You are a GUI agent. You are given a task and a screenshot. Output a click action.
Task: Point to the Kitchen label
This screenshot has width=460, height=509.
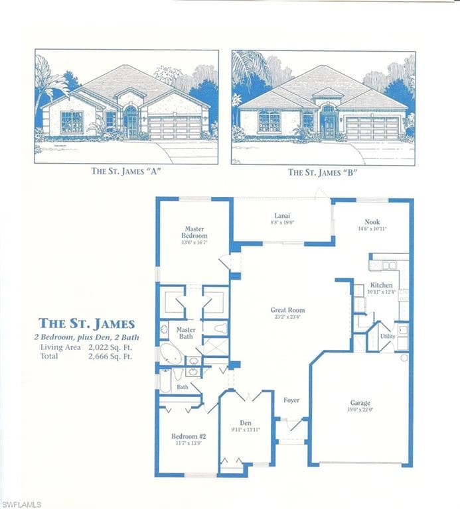click(381, 285)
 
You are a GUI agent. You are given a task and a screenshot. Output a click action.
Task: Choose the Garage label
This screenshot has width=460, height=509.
click(360, 402)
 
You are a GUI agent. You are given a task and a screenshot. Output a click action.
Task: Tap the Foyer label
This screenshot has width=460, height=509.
click(291, 400)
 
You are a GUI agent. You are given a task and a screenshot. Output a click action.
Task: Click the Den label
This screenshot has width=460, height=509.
click(246, 423)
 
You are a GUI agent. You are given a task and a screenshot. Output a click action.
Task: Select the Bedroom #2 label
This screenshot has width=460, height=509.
click(185, 436)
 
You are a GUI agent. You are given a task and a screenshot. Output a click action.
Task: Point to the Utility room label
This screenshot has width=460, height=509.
click(388, 336)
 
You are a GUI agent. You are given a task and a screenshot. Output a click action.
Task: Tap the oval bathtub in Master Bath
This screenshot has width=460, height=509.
click(171, 355)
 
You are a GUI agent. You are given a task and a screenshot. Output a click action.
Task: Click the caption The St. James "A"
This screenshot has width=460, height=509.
click(127, 171)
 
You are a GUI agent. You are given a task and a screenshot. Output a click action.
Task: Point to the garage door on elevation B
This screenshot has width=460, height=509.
click(372, 127)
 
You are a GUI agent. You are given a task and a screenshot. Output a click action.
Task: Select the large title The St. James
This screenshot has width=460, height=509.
click(86, 324)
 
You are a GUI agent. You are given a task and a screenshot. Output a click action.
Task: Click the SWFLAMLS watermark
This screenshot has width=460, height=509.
click(22, 504)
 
